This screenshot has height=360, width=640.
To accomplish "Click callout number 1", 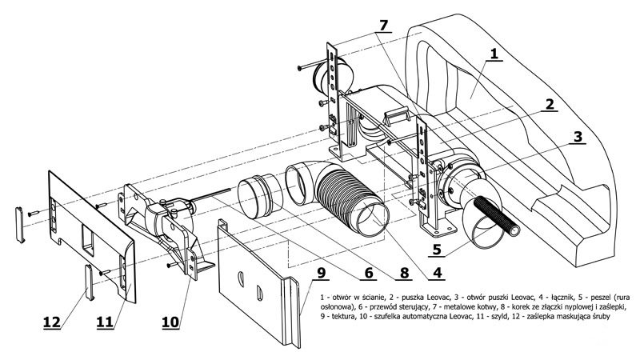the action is pos(494,54).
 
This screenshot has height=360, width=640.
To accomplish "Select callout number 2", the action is pos(550,105).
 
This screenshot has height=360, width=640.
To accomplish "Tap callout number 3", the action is pos(578,137).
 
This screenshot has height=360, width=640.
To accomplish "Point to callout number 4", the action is pos(437,272).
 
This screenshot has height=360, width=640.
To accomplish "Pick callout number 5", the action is pos(437,249).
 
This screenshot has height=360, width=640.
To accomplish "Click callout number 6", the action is pos(369,273).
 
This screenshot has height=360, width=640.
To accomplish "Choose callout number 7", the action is pos(383,26).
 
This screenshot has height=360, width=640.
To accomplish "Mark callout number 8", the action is pos(404,273).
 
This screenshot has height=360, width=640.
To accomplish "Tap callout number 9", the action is pos(322,273).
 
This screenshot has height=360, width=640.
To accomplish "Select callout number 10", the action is pos(170,322).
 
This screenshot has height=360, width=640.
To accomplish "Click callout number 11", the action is pos(105,322).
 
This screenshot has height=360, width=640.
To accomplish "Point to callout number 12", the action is pos(52,322).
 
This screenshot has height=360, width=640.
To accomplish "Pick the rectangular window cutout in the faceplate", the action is pos(89,242).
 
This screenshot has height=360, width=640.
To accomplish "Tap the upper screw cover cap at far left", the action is pos(20,225).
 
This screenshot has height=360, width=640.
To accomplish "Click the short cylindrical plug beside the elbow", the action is pos(261,197).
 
